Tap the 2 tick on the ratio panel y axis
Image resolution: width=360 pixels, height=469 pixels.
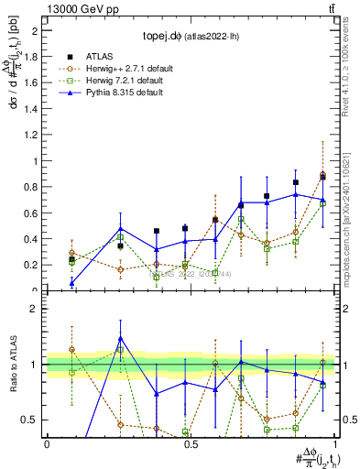click(x=35, y=309)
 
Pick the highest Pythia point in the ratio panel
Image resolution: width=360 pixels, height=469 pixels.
click(x=121, y=338)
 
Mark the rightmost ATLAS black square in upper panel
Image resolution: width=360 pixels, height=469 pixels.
click(x=322, y=177)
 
